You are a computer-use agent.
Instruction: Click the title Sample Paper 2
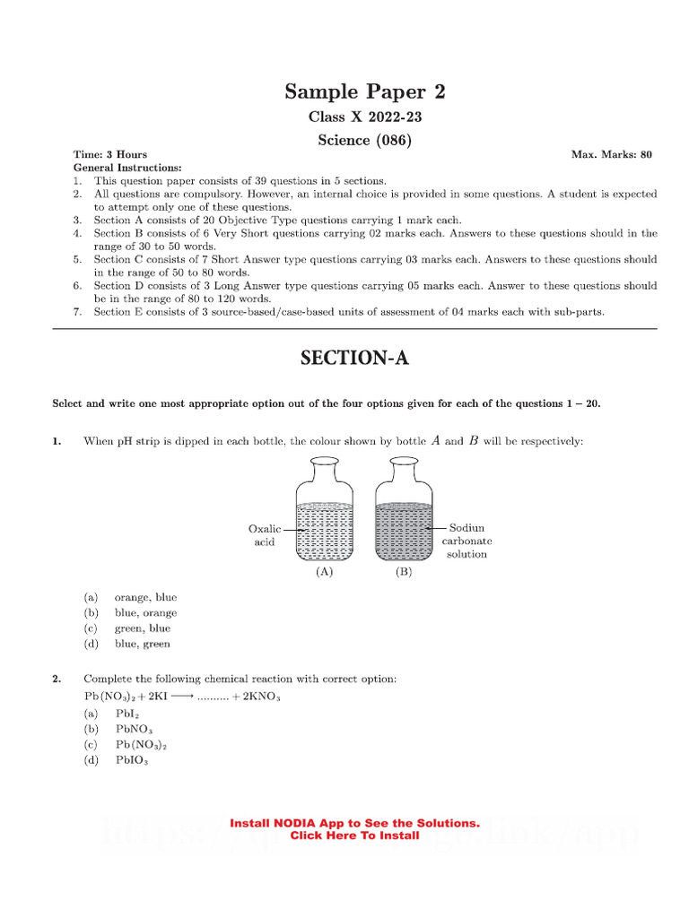click(364, 91)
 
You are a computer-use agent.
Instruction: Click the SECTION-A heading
click(354, 359)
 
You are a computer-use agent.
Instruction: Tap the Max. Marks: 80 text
click(612, 154)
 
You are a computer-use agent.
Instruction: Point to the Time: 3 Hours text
click(109, 154)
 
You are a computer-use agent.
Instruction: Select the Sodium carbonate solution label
click(466, 541)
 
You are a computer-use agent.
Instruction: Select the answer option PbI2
click(126, 714)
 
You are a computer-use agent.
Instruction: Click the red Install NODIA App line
click(354, 823)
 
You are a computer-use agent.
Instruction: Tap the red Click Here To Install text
click(354, 836)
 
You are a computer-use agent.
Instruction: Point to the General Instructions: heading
click(127, 168)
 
